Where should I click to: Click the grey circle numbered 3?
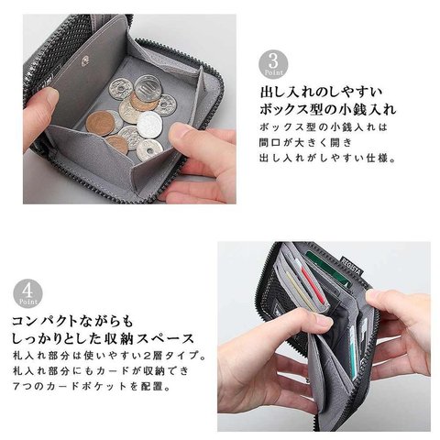273,64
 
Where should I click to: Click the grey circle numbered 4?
27,293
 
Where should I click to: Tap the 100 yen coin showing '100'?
148,87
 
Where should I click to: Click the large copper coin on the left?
100,123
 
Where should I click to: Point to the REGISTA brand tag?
352,266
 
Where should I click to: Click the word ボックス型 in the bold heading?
289,109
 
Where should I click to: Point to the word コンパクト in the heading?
42,321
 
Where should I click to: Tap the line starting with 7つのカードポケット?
91,386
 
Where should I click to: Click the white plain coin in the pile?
149,123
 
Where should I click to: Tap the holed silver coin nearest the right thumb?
149,150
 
